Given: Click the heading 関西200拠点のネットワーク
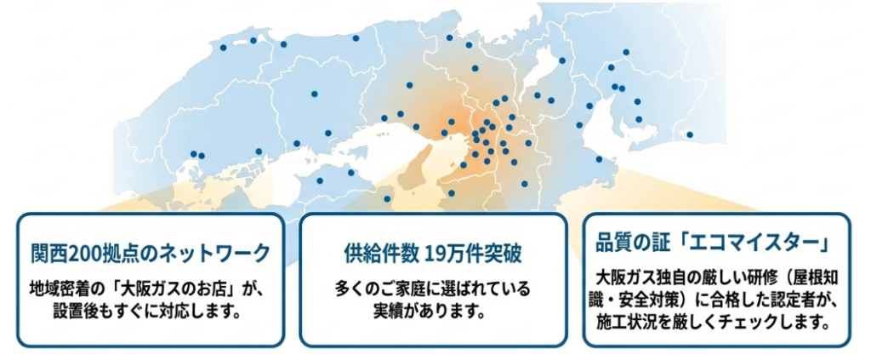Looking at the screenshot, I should pyautogui.click(x=150, y=253).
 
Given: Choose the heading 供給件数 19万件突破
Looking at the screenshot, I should pyautogui.click(x=432, y=253).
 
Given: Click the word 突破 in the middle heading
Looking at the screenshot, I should pyautogui.click(x=504, y=253).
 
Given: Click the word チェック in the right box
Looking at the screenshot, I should pyautogui.click(x=749, y=322).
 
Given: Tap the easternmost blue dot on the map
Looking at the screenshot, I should pyautogui.click(x=690, y=134).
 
